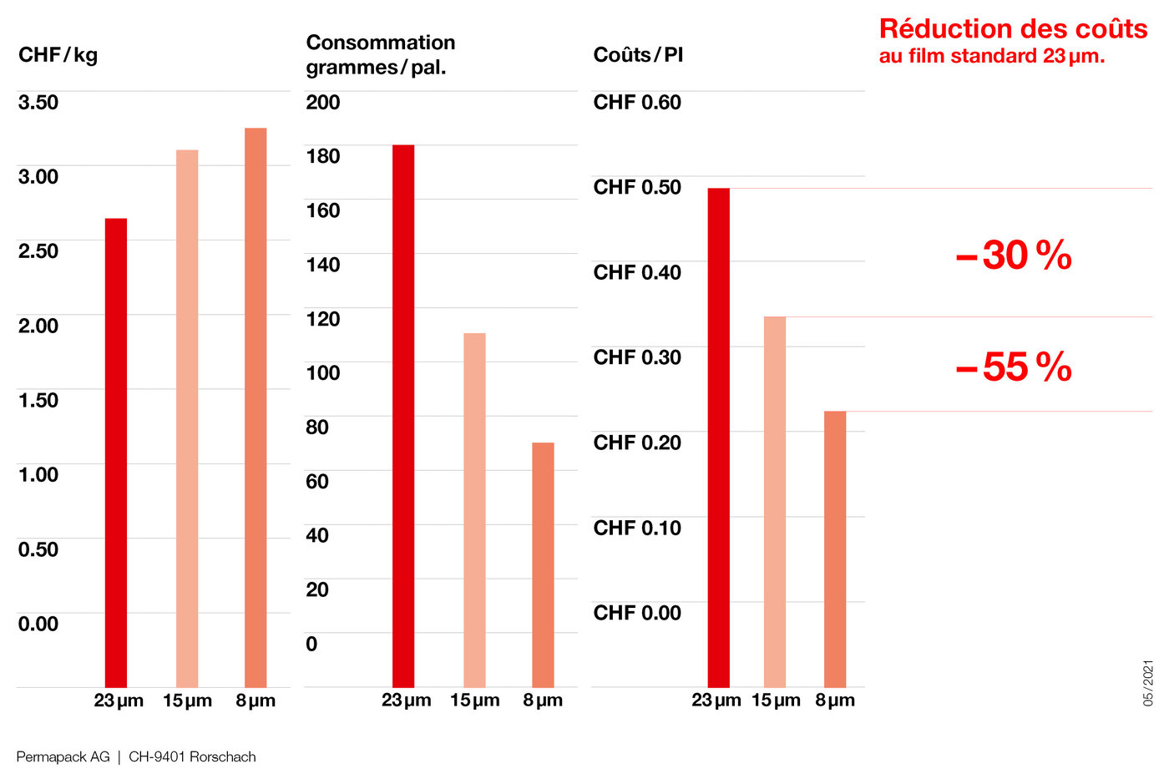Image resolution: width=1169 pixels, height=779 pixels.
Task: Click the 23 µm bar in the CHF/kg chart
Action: (x=116, y=453)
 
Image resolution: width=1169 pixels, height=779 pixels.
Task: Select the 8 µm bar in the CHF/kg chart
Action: (x=256, y=407)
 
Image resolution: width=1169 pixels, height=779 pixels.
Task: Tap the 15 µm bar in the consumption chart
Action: (x=474, y=510)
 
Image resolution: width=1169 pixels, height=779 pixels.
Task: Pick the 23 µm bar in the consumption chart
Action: (x=403, y=416)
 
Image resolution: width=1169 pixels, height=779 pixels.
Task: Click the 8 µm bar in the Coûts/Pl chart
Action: (x=835, y=549)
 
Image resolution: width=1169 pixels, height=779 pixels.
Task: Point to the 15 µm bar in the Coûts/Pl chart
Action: (x=775, y=501)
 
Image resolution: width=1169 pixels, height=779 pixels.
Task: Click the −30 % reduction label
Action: (x=1013, y=255)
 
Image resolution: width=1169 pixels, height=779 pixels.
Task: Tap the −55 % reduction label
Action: (x=1013, y=367)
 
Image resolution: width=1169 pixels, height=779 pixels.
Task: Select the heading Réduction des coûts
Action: (x=1013, y=29)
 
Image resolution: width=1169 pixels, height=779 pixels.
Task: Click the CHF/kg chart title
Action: (x=58, y=55)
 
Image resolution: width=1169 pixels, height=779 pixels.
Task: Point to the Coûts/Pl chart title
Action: (x=638, y=55)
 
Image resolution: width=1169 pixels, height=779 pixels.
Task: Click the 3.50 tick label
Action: (x=38, y=103)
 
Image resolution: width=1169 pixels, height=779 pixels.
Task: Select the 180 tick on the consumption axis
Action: (x=323, y=156)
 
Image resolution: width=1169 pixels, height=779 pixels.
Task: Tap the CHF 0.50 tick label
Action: (x=637, y=187)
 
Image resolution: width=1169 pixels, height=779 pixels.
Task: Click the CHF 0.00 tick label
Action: (x=637, y=613)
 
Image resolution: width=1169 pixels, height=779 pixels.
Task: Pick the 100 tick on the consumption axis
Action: (x=323, y=372)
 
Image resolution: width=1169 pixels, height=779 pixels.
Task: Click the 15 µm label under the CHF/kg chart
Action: (x=187, y=701)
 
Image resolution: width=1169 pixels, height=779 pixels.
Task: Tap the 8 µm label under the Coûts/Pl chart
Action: (x=835, y=701)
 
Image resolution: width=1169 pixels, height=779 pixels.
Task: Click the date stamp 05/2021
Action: (x=1148, y=683)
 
